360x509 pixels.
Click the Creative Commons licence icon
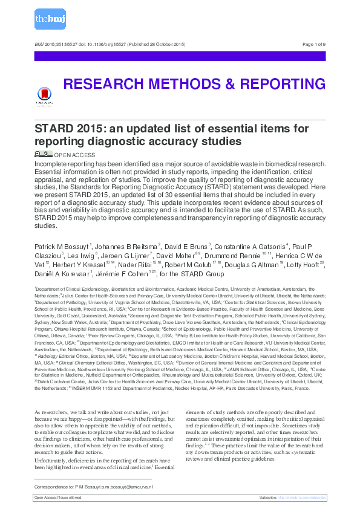pos(44,154)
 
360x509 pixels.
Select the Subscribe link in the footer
pos(292,497)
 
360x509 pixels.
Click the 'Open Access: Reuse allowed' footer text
pos(57,497)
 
